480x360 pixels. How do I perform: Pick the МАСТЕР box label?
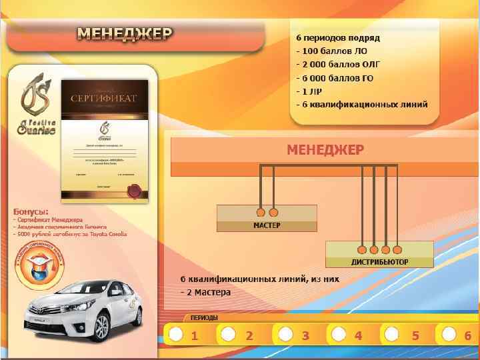(x=267, y=225)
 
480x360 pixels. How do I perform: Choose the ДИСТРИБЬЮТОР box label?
(x=379, y=261)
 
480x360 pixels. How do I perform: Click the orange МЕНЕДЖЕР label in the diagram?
(x=325, y=149)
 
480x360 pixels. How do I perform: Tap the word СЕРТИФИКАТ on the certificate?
(x=103, y=98)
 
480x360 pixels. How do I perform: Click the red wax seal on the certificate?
(x=134, y=191)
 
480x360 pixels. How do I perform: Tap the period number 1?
(x=194, y=336)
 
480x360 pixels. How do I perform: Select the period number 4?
(x=358, y=336)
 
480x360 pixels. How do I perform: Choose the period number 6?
(x=468, y=336)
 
